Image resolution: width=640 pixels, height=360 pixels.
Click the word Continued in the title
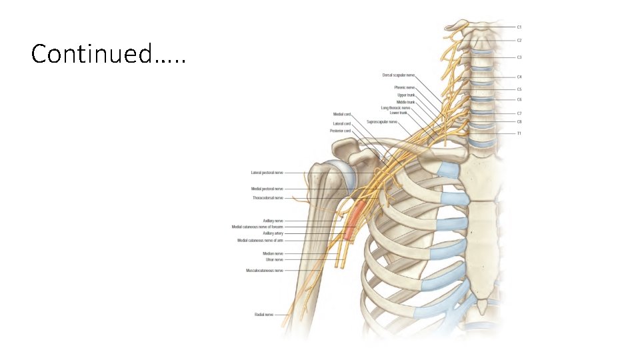click(x=91, y=53)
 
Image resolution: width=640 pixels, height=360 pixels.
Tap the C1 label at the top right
click(x=519, y=27)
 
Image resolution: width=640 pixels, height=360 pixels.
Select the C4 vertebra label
click(x=519, y=77)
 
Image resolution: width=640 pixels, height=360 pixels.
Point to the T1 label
click(x=519, y=133)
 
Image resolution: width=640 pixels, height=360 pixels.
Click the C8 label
click(x=519, y=121)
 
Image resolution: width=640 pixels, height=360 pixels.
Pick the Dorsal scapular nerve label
click(x=398, y=75)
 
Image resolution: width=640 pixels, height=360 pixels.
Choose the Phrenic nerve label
click(x=404, y=87)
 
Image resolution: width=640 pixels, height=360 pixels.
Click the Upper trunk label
click(x=406, y=95)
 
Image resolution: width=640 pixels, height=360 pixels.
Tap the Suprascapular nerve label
click(x=382, y=122)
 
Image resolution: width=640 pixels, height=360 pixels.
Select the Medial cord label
click(x=342, y=114)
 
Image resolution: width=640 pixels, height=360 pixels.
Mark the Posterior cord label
click(x=340, y=131)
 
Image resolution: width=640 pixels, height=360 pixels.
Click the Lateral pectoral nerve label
click(x=267, y=173)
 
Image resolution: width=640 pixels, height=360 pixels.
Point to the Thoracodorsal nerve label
click(x=267, y=198)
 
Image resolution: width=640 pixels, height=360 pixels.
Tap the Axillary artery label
click(x=273, y=233)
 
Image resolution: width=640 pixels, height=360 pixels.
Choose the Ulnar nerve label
click(x=274, y=259)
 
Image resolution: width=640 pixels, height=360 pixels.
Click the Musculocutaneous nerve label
click(x=264, y=271)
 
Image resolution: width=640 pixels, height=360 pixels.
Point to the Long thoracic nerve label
click(x=395, y=107)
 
